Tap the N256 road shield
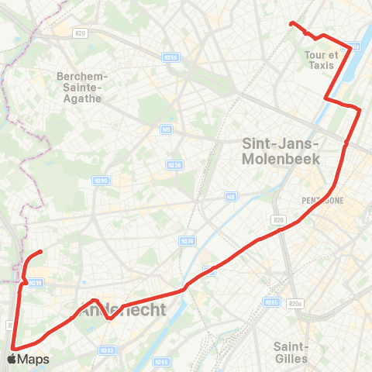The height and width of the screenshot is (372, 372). [171, 57]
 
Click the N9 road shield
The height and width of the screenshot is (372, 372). [167, 129]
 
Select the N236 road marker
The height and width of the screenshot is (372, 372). [174, 164]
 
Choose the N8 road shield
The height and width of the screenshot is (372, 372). [230, 198]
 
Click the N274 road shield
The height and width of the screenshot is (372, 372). [187, 241]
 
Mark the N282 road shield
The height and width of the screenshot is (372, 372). [108, 351]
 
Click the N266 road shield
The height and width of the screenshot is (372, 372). [161, 361]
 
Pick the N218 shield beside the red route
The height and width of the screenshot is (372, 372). [34, 283]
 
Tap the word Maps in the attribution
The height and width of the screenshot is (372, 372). [33, 360]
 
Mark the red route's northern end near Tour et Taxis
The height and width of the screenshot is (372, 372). [291, 24]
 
